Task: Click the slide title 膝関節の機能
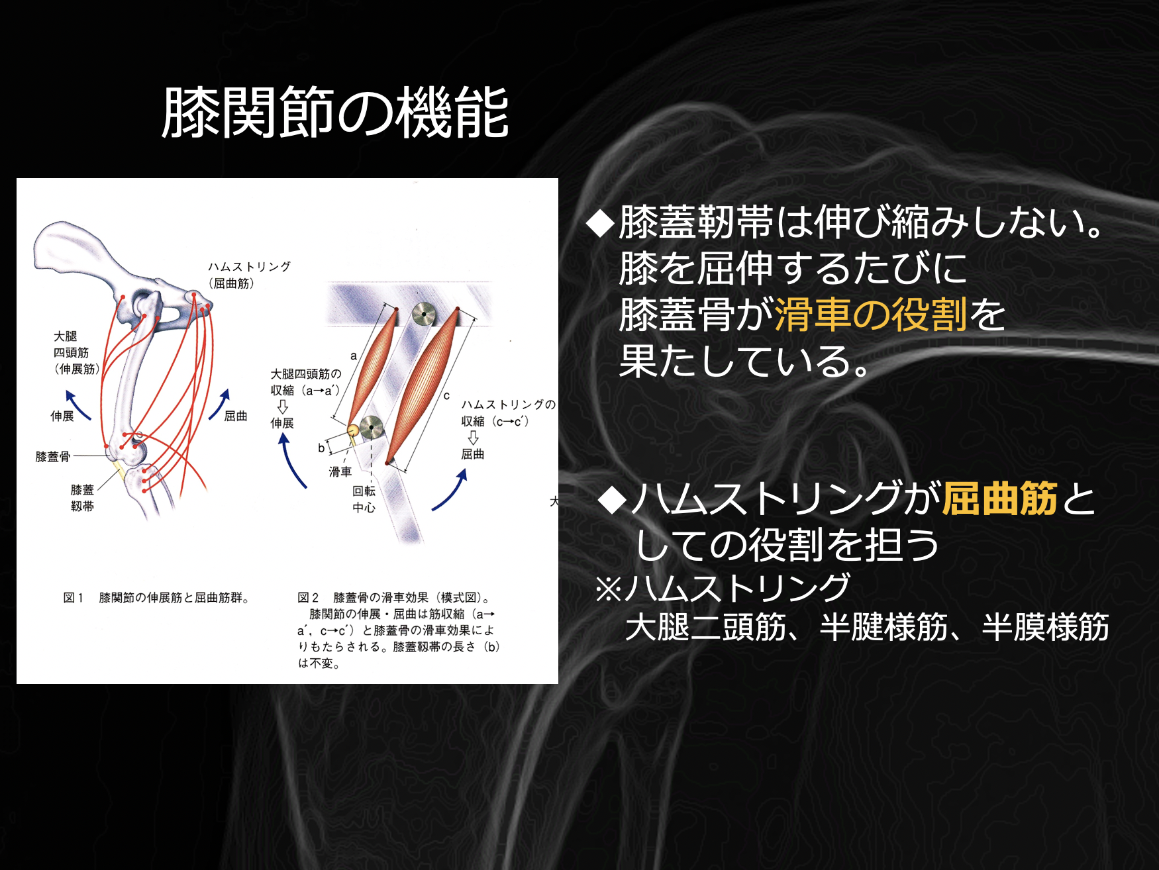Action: tap(335, 113)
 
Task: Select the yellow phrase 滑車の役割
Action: tap(870, 314)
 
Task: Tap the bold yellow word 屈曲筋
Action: tap(1000, 499)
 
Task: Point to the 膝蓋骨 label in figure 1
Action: tap(53, 456)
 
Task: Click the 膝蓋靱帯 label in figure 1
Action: tap(82, 498)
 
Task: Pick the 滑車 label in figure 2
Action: tap(340, 471)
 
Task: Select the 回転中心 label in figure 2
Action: tap(364, 499)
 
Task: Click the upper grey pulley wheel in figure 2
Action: tap(424, 314)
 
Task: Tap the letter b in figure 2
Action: tap(321, 448)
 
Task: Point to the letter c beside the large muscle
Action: tap(446, 396)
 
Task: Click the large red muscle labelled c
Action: tap(422, 385)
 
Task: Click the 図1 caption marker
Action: tap(73, 598)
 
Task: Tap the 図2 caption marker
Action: tap(308, 598)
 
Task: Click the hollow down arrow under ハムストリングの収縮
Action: tap(473, 438)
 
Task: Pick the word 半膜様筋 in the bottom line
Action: tap(1045, 627)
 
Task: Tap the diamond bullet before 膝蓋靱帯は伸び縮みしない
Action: tap(601, 223)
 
